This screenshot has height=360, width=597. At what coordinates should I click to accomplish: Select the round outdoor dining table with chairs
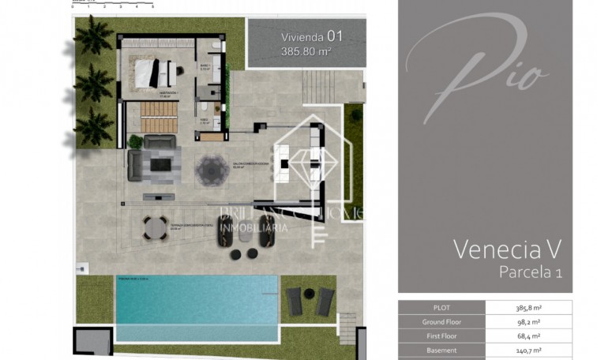point(154,227)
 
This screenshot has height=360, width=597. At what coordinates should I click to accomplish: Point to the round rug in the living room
point(212,167)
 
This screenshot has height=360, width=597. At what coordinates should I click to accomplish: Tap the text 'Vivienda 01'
point(312,36)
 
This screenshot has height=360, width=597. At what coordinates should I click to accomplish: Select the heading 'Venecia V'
point(507,249)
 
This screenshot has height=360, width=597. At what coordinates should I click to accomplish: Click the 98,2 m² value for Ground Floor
point(539,322)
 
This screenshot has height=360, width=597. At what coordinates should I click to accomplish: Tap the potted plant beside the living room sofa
point(135,142)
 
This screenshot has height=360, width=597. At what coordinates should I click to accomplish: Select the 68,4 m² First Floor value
point(539,336)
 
